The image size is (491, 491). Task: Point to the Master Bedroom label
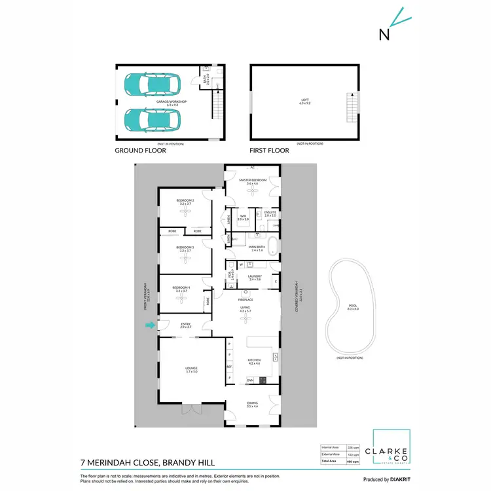[x=253, y=181]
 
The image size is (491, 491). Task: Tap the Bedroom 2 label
[x=185, y=202]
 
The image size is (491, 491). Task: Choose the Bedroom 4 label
[x=181, y=289]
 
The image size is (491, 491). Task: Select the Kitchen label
[x=255, y=360]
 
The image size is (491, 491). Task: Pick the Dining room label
[x=253, y=406]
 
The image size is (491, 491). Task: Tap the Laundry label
[x=255, y=278]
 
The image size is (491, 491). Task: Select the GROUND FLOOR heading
[x=140, y=151]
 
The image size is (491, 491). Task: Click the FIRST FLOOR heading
[x=269, y=151]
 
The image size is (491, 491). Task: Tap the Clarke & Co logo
[x=391, y=452]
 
